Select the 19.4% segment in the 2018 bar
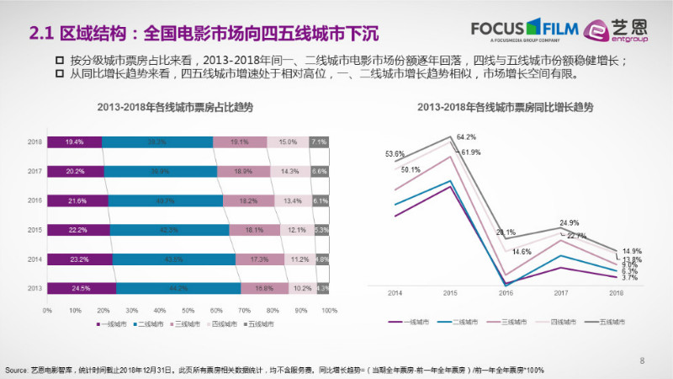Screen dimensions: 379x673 coord(74,142)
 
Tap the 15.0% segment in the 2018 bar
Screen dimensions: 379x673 coord(289,142)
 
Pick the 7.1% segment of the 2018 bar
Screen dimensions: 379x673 coord(319,142)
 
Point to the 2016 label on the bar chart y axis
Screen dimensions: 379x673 coord(35,200)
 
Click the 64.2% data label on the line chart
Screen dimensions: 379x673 coord(467,136)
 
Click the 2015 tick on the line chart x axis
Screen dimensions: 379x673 coord(450,293)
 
